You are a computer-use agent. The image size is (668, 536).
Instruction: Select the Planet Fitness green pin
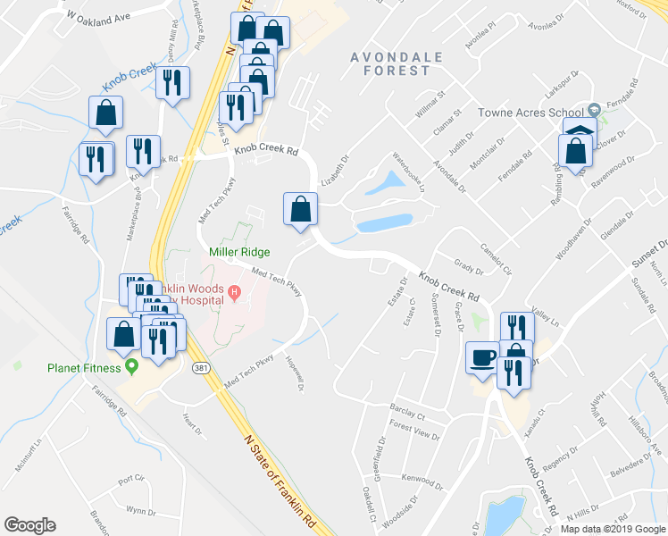tap(132, 365)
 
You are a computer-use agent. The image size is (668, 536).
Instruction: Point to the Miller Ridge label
tap(239, 253)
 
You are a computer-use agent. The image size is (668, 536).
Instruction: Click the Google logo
tap(29, 524)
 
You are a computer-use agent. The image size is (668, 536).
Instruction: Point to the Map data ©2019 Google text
tap(613, 529)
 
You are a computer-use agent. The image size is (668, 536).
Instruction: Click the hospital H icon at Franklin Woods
tap(234, 291)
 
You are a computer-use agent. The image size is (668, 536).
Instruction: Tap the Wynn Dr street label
tap(140, 512)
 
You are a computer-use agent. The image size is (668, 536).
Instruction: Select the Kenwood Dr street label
tap(423, 479)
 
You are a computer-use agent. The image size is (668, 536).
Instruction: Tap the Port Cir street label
tap(130, 480)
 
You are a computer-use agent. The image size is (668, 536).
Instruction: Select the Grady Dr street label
tap(468, 265)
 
